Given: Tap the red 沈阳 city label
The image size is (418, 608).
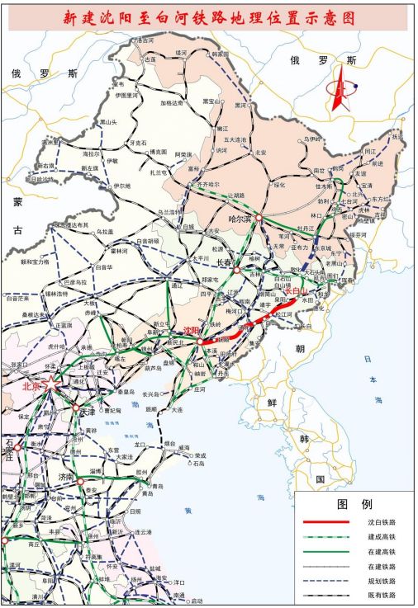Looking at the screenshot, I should pos(191,330).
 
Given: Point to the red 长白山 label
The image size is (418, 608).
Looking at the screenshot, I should pos(296,290).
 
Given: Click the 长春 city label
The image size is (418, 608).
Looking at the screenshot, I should pos(226,262).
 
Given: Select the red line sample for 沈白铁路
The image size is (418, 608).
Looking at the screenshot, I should pos(323,522).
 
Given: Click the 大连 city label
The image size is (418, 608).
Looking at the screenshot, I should pos(176,409).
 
